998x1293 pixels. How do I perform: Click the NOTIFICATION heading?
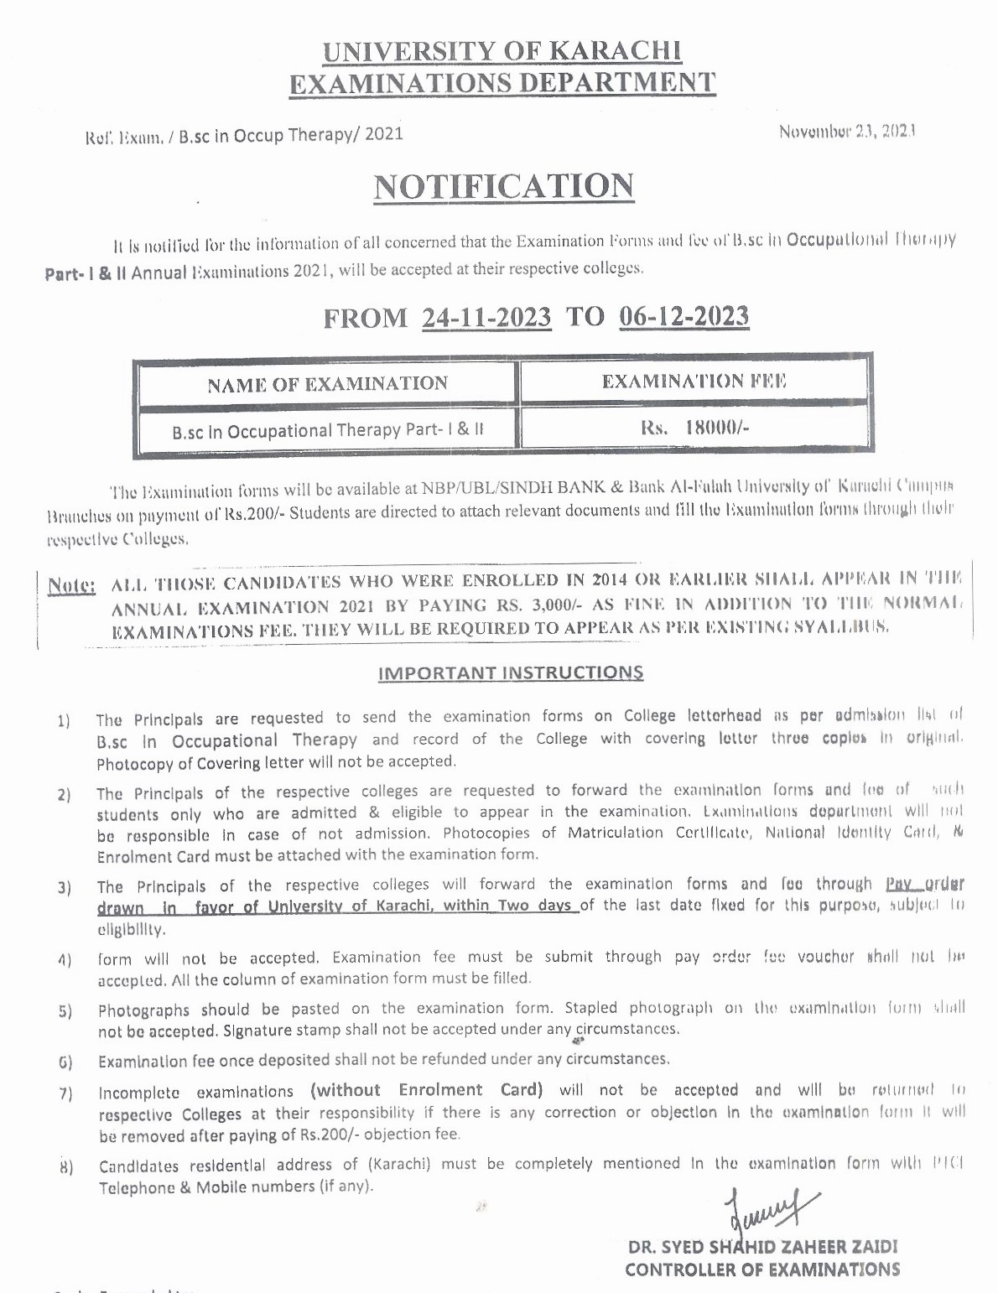(x=503, y=186)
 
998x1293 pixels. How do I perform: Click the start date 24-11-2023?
(x=486, y=318)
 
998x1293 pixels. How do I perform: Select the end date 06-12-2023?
(x=684, y=316)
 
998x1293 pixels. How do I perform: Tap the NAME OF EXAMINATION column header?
(x=327, y=384)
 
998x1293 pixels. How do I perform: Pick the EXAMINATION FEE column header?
(x=694, y=382)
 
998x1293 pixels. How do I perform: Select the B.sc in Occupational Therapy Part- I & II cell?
(x=327, y=431)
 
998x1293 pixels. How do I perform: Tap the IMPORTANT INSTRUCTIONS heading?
(x=511, y=672)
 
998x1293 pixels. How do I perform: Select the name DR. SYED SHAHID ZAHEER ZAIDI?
(x=762, y=1247)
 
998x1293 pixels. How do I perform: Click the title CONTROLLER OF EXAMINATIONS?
(x=762, y=1270)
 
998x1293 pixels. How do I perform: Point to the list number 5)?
(x=65, y=1011)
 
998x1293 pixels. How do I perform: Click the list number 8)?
(x=65, y=1167)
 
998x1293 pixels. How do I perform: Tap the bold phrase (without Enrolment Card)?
(x=427, y=1090)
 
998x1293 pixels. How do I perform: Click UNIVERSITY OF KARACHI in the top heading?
(x=502, y=52)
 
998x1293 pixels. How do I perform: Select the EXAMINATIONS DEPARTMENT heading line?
(x=502, y=83)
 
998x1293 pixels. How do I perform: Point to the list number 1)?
(x=64, y=720)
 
